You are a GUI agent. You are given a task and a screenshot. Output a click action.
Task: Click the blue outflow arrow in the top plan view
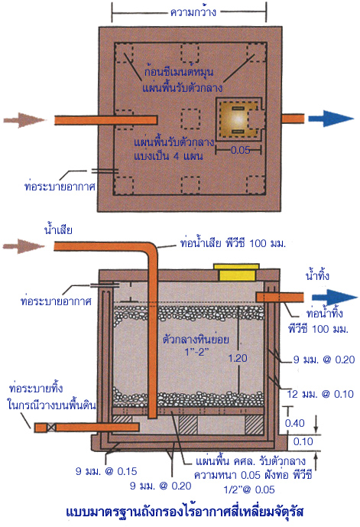(x=331, y=119)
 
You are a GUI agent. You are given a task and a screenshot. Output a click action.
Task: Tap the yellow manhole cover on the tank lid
(x=237, y=272)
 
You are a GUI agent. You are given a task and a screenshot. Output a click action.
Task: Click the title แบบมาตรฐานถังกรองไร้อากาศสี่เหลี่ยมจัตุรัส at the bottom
(x=185, y=512)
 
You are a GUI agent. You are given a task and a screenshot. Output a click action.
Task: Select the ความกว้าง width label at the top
(x=193, y=13)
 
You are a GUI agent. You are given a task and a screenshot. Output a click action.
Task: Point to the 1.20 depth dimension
(x=238, y=358)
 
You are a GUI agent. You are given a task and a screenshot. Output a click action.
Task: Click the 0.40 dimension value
(x=294, y=423)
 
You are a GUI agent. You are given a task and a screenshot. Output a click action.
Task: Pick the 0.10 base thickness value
(x=303, y=441)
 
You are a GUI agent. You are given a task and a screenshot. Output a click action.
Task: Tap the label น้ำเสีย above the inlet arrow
(x=58, y=229)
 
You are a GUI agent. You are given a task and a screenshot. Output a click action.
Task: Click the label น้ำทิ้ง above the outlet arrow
(x=317, y=275)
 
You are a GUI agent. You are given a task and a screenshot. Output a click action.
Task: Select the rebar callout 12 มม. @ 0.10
(x=320, y=394)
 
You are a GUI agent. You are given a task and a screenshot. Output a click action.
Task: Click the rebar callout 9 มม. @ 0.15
(x=106, y=471)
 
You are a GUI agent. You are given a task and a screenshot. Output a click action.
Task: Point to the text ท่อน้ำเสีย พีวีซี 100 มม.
(x=232, y=242)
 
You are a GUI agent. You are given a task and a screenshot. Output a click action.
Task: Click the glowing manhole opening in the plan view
(x=237, y=119)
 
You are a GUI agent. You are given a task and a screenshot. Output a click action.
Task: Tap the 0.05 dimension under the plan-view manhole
(x=241, y=150)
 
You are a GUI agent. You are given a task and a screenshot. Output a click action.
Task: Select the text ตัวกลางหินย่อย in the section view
(x=196, y=339)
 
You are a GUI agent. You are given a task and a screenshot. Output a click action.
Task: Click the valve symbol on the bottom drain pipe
(x=51, y=428)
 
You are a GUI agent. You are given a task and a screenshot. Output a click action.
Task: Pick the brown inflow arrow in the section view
(x=24, y=246)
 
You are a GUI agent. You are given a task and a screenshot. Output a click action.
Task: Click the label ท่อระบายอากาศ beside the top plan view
(x=60, y=186)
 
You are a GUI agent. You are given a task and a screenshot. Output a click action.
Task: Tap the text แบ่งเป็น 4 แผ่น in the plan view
(x=168, y=156)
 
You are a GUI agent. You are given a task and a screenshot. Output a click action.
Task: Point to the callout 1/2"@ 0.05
(x=249, y=490)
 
